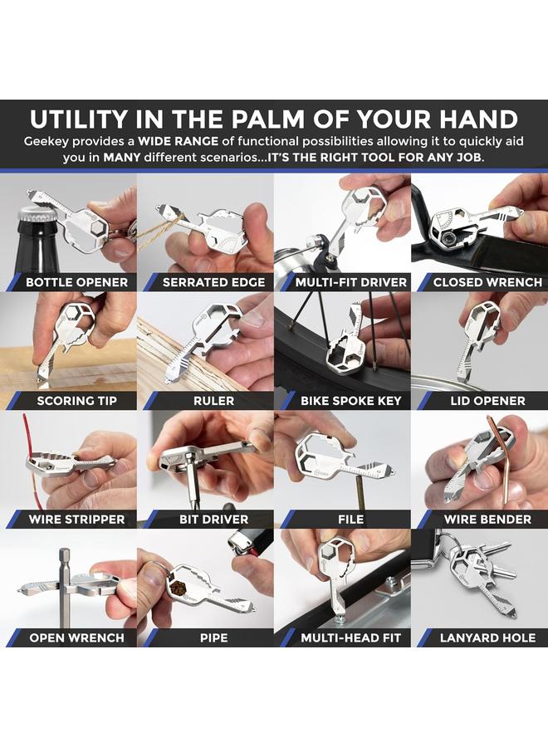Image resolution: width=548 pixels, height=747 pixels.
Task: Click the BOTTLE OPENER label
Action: pos(76,282)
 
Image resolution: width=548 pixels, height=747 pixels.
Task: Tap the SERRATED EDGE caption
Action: pos(213,282)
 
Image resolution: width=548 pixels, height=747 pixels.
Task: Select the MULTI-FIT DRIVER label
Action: pos(350,282)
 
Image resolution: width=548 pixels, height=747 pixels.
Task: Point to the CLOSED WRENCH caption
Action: pos(487,282)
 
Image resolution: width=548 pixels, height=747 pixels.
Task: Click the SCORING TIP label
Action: pos(76,401)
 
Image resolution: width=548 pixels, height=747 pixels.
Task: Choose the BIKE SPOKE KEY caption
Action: pos(350,401)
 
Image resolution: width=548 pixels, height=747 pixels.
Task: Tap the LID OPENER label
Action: pos(487,401)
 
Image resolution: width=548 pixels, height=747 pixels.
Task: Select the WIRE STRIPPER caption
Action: pos(76,520)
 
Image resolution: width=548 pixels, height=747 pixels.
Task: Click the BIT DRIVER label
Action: pos(213,520)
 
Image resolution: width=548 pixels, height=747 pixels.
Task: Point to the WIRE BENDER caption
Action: pos(487,520)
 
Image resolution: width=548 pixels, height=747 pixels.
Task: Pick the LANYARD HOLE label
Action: pos(487,637)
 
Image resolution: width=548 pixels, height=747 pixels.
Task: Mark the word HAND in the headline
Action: pos(478,119)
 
